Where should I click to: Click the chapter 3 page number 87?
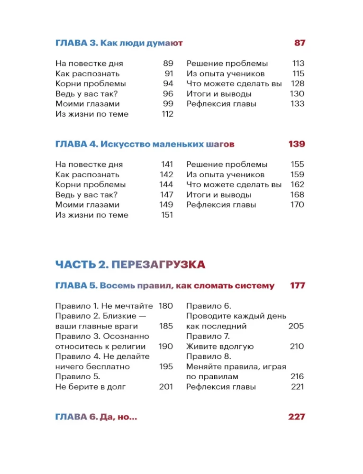(x=299, y=43)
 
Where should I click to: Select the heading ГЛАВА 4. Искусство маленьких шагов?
(x=145, y=144)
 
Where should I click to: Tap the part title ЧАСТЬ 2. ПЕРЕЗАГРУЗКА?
(x=130, y=264)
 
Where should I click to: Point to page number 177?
(x=297, y=286)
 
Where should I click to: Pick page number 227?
(x=297, y=417)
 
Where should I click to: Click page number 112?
(x=167, y=114)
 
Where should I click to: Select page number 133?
(x=298, y=104)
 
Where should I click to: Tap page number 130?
(x=297, y=94)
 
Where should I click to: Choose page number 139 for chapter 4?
(x=297, y=144)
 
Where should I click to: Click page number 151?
(x=167, y=215)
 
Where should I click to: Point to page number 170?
(x=297, y=205)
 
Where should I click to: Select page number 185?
(x=166, y=326)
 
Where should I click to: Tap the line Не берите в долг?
(x=91, y=387)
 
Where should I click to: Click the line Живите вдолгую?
(x=220, y=346)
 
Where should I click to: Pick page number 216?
(x=297, y=377)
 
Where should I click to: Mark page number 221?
(x=298, y=387)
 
